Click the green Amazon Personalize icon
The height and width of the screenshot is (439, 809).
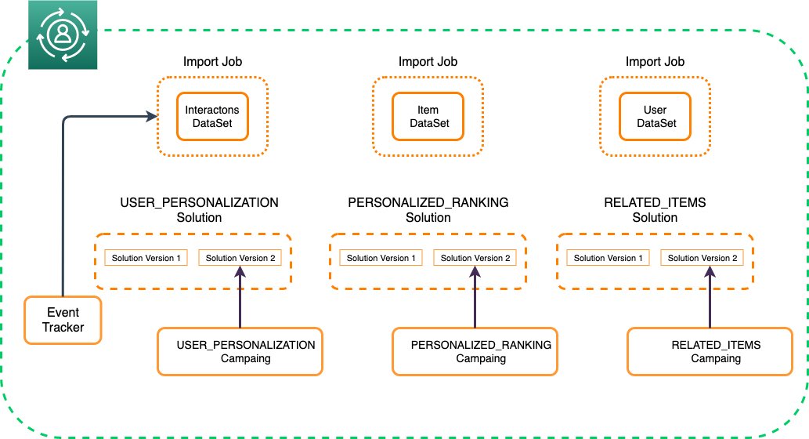point(63,34)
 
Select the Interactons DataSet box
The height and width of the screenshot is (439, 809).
point(212,116)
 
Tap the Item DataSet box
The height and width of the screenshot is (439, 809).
point(428,116)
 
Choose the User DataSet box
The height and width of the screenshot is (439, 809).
point(655,116)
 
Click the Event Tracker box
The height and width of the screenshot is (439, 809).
point(63,320)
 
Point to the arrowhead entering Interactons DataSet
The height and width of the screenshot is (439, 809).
point(152,116)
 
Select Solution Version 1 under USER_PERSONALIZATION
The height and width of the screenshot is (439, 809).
point(146,258)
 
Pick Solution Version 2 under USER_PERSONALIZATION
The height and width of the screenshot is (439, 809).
point(240,258)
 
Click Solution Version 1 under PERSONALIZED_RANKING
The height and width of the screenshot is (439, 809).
point(381,258)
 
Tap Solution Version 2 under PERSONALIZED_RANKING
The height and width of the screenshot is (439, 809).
point(475,258)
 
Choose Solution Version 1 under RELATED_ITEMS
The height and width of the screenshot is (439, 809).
point(609,258)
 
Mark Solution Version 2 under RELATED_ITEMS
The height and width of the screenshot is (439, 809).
point(702,258)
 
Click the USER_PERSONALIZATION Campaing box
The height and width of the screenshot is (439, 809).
point(240,351)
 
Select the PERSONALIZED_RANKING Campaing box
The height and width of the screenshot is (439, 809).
point(475,351)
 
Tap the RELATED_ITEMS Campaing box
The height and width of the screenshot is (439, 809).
point(710,351)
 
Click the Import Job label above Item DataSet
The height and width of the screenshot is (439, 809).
point(428,61)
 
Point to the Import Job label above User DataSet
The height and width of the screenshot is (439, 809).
point(655,61)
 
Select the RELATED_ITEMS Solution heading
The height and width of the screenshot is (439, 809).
point(655,209)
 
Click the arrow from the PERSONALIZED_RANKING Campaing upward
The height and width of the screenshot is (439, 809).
point(475,297)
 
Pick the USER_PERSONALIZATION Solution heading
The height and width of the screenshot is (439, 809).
point(199,209)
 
